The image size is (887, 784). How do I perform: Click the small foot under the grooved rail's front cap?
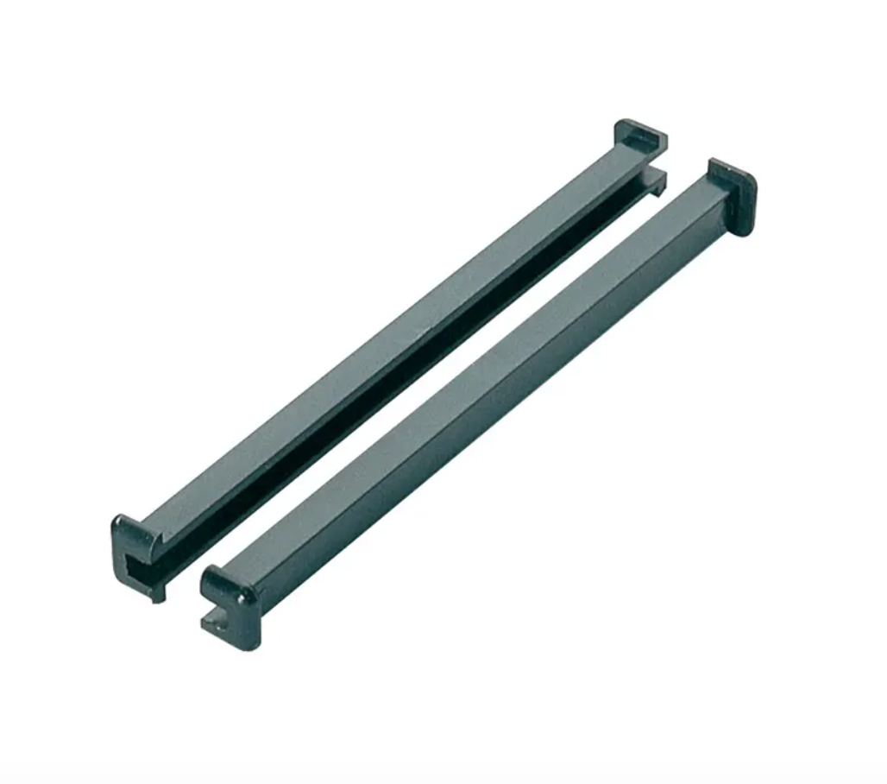158,594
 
